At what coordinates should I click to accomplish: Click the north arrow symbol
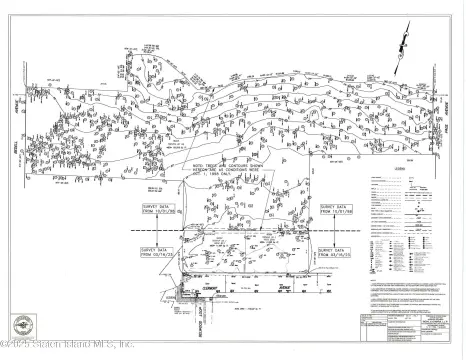pyautogui.click(x=402, y=41)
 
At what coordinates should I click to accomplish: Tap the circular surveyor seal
pyautogui.click(x=24, y=326)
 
